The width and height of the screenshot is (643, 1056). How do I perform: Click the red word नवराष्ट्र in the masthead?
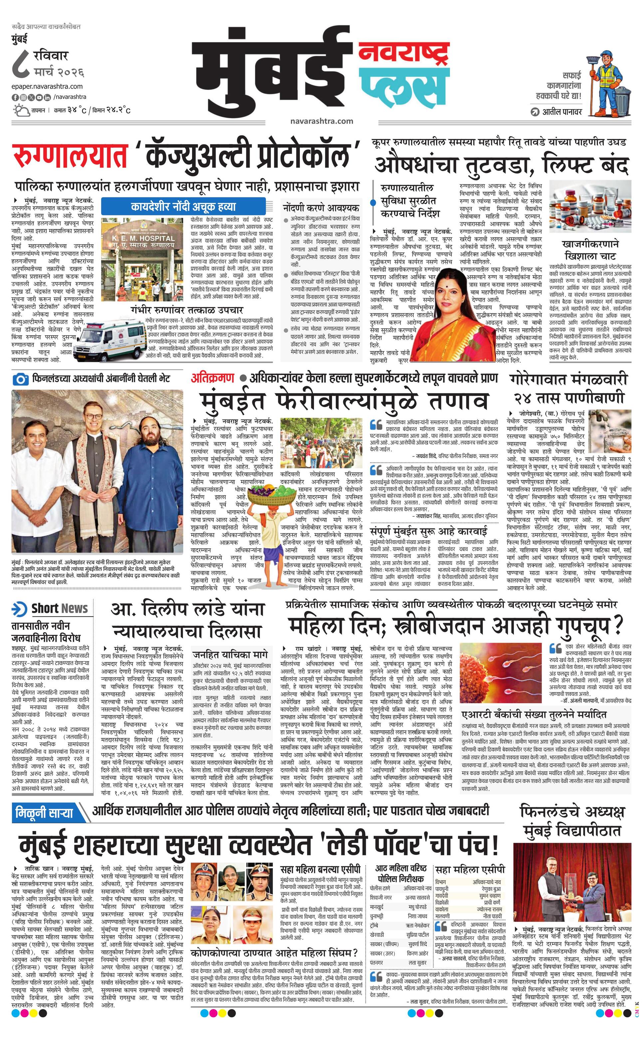403,53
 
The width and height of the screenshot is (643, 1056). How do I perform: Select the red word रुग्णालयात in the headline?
71,156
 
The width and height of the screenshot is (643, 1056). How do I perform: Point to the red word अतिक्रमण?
213,378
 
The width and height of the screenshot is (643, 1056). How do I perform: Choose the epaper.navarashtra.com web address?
47,87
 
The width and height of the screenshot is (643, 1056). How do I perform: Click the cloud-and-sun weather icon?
21,110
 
